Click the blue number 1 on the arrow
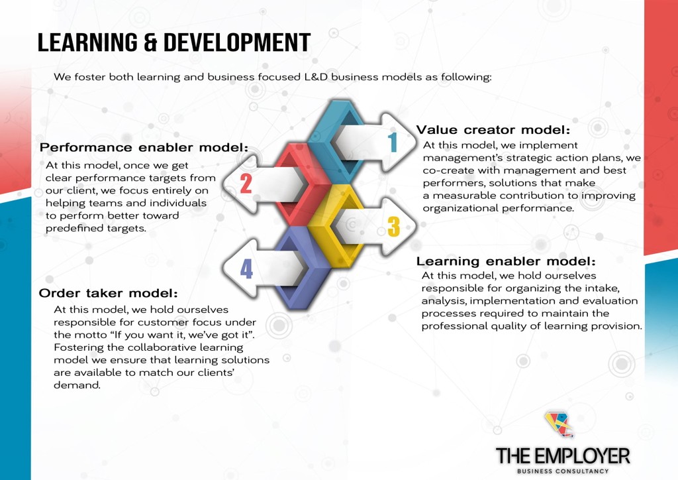tap(393, 143)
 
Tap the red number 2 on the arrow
tap(246, 184)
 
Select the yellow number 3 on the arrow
tap(394, 226)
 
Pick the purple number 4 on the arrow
tap(246, 269)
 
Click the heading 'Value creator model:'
tap(493, 130)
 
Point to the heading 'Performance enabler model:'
tap(144, 147)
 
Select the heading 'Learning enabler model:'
tap(505, 261)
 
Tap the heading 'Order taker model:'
tap(108, 293)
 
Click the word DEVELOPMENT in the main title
tap(237, 42)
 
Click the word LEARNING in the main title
tap(87, 42)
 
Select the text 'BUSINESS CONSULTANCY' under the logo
tap(563, 471)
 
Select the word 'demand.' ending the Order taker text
tap(77, 385)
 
